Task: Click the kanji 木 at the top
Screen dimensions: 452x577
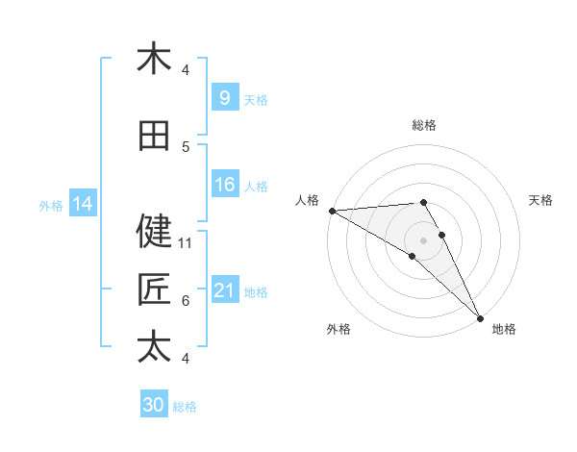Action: coord(154,59)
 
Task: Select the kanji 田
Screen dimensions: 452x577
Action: coord(154,137)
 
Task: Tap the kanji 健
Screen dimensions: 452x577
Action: coord(154,231)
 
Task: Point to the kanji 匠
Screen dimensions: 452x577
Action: coord(154,289)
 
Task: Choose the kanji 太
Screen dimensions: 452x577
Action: coord(154,346)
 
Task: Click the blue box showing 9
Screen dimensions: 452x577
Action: coord(224,97)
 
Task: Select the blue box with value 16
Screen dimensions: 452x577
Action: coord(224,185)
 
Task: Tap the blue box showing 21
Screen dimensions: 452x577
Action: coord(224,290)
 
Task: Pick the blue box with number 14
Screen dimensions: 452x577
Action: coord(83,204)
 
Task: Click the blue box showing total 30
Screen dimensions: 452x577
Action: coord(154,405)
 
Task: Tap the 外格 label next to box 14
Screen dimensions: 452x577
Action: coord(51,205)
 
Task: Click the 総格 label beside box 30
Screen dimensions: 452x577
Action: coord(186,407)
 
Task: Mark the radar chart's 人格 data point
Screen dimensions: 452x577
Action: coord(332,211)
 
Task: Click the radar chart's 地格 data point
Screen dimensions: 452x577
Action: coord(479,316)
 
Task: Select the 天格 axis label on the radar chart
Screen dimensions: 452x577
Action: coord(541,200)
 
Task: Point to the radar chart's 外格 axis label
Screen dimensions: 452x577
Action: coord(339,329)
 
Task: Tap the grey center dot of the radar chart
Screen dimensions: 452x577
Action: coord(424,239)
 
